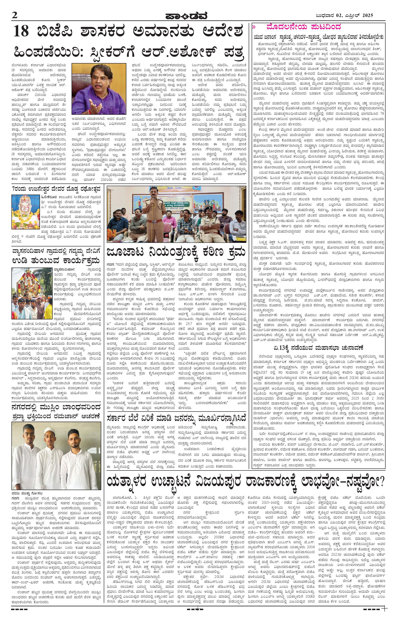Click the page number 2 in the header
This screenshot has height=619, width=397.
(14, 15)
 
